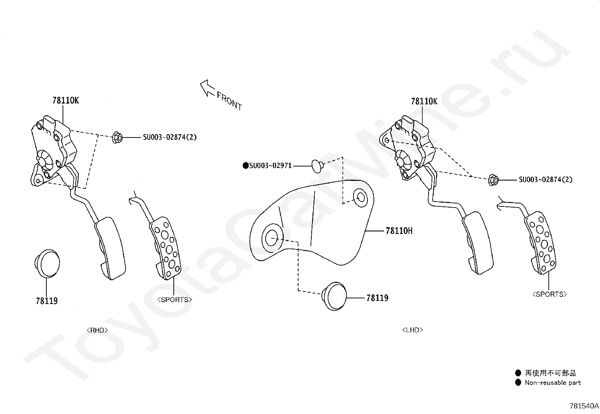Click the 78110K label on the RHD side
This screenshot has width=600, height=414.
click(66, 101)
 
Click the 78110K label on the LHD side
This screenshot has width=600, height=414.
click(424, 101)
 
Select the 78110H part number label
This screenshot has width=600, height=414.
click(399, 231)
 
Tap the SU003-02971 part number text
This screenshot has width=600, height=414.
click(271, 165)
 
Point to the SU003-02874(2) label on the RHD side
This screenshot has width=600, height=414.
click(170, 137)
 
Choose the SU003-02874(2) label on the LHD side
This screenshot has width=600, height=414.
click(546, 179)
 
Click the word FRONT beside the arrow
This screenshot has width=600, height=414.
click(229, 101)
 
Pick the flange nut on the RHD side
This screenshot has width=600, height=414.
click(117, 137)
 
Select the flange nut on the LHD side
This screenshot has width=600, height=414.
click(493, 180)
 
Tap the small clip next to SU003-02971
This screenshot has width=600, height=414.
click(318, 166)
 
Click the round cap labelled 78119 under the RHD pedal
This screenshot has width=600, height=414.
click(47, 263)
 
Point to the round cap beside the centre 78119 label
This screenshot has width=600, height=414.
click(334, 296)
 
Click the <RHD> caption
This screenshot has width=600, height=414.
click(97, 330)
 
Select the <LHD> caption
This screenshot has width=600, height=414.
click(413, 330)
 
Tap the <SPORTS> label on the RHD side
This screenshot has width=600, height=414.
click(174, 299)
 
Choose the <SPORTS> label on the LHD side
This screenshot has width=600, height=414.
click(549, 294)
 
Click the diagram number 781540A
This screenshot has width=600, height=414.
click(584, 406)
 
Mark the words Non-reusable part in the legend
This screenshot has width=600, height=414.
click(553, 383)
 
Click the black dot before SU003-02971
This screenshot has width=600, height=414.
click(246, 165)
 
